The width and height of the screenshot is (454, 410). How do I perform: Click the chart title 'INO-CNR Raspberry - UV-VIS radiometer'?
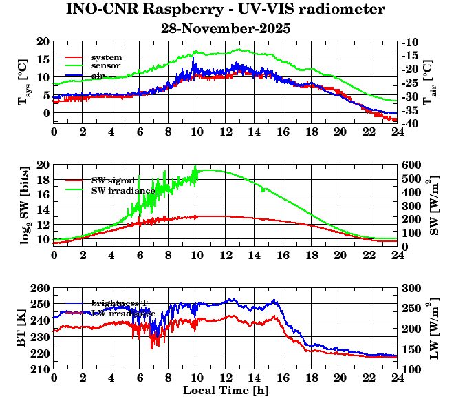point(226,10)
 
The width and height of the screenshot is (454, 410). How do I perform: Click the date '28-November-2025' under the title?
point(226,29)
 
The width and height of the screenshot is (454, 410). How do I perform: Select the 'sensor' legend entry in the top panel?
point(106,65)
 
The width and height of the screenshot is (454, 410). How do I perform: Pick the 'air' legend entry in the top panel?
point(98,75)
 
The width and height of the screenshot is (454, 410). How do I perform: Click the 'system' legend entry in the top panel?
point(107,57)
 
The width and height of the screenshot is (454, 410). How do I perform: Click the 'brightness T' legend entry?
point(120,303)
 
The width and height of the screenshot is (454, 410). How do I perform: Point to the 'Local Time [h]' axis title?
point(226,391)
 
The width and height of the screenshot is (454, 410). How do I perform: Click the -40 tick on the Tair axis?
point(411,123)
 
